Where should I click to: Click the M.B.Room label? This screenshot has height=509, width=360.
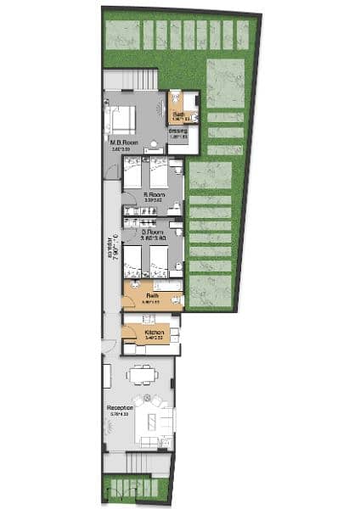click(x=121, y=143)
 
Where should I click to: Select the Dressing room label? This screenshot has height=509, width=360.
click(x=177, y=131)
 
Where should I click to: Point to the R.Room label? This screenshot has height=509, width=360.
click(x=153, y=195)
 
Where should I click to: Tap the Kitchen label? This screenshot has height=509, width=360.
click(x=154, y=333)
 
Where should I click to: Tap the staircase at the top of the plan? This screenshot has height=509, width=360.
click(x=130, y=79)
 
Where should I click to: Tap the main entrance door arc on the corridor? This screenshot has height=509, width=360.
click(x=107, y=346)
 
